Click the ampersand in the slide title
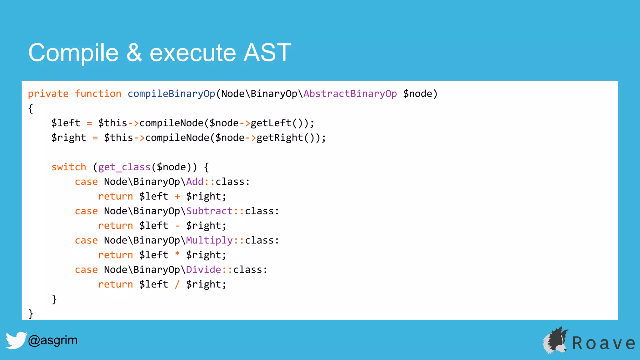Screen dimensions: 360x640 [134, 53]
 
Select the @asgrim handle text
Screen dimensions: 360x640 [52, 340]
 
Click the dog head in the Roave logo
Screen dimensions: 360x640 [556, 341]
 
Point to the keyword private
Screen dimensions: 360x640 [48, 94]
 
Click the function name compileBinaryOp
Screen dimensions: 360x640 [171, 94]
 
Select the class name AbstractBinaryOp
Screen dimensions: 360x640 [350, 94]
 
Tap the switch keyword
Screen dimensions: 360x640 [69, 167]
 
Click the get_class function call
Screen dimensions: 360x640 [124, 167]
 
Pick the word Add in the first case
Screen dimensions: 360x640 [195, 182]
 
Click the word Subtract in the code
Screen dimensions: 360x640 [209, 211]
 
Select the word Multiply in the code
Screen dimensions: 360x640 [209, 241]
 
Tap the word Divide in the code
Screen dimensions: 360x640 [203, 270]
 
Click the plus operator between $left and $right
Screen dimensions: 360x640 [177, 197]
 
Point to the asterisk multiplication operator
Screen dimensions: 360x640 [177, 254]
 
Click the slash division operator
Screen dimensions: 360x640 [177, 284]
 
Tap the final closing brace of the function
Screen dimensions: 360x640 [31, 313]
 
